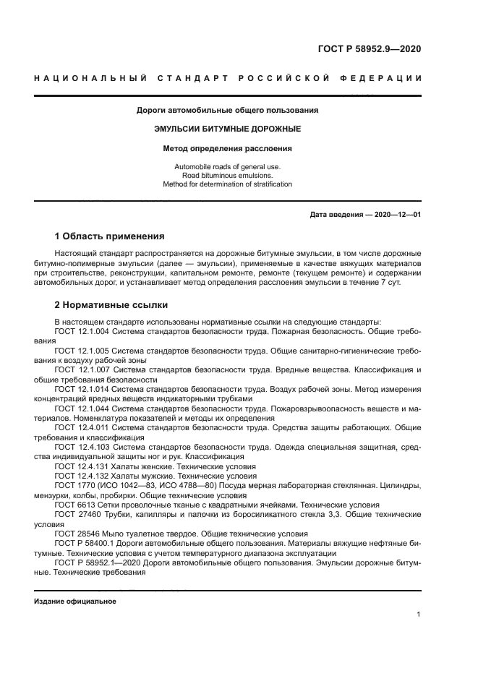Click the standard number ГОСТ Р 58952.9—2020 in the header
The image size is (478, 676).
coord(369,49)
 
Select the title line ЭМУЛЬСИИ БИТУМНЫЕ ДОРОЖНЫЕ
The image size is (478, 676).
coord(228,129)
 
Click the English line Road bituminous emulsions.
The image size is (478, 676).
coord(228,175)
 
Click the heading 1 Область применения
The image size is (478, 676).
coord(109,236)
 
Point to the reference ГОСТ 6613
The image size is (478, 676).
coord(72,505)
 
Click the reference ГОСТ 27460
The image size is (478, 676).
coord(74,515)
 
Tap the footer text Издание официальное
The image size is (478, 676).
coord(75,601)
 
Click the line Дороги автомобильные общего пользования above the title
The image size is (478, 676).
coord(228,111)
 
